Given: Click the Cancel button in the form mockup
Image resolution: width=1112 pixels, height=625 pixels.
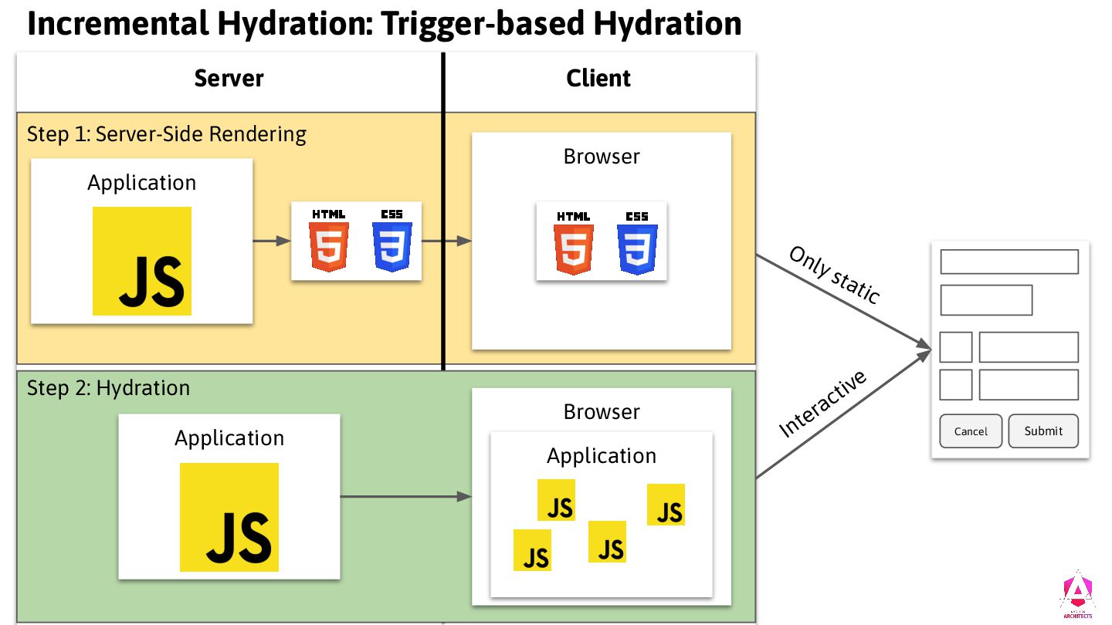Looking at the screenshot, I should click(x=971, y=431).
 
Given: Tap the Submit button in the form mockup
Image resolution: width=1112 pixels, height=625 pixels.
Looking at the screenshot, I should click(x=1043, y=431).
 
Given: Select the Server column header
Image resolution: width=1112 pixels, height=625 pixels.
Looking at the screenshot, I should click(x=229, y=79).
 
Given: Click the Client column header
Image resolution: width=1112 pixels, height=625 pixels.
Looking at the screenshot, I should click(x=598, y=79).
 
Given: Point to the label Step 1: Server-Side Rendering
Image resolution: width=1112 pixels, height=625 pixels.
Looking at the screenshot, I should click(x=167, y=134).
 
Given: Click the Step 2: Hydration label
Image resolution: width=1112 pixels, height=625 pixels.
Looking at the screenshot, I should click(x=109, y=387).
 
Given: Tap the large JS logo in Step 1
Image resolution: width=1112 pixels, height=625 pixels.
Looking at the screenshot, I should click(x=142, y=261).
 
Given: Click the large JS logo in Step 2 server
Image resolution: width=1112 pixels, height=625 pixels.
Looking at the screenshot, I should click(x=229, y=517).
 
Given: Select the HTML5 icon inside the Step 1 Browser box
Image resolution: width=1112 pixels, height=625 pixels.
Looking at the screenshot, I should click(x=573, y=242).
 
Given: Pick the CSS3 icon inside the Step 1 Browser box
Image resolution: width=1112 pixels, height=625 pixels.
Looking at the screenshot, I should click(x=637, y=242).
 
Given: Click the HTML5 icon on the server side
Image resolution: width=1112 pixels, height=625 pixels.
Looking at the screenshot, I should click(x=329, y=240).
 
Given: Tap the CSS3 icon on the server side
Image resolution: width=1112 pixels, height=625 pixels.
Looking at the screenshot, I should click(x=392, y=240).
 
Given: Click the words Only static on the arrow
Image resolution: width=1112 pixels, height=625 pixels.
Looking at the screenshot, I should click(x=834, y=275).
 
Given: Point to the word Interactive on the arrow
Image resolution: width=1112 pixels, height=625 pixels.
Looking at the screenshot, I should click(x=823, y=404).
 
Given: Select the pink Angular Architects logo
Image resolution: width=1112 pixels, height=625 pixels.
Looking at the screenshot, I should click(x=1076, y=595).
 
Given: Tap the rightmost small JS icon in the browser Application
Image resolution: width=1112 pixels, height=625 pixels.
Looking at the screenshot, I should click(x=666, y=505).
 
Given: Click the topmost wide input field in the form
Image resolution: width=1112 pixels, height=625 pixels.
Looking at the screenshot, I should click(x=1009, y=262).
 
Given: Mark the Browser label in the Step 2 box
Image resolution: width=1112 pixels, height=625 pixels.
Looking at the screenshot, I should click(x=602, y=412).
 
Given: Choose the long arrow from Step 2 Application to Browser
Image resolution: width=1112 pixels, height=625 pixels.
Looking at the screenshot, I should click(x=405, y=496).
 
